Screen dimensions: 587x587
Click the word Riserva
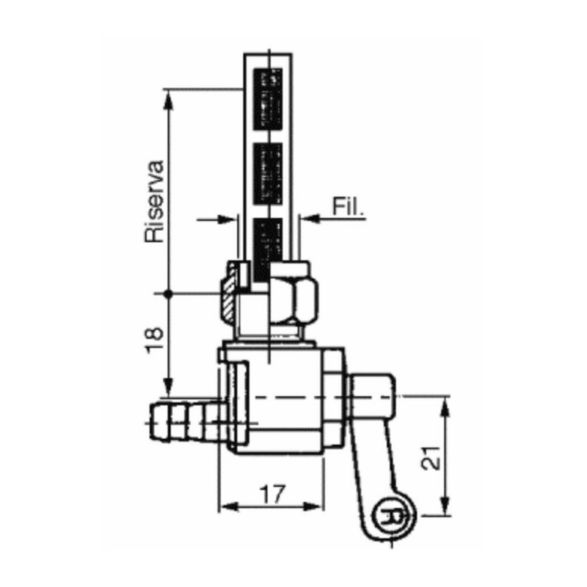[x=155, y=202]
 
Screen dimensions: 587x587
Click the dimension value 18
[x=155, y=339]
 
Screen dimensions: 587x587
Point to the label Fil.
[x=348, y=206]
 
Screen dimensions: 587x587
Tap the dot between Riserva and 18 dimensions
[x=169, y=293]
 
